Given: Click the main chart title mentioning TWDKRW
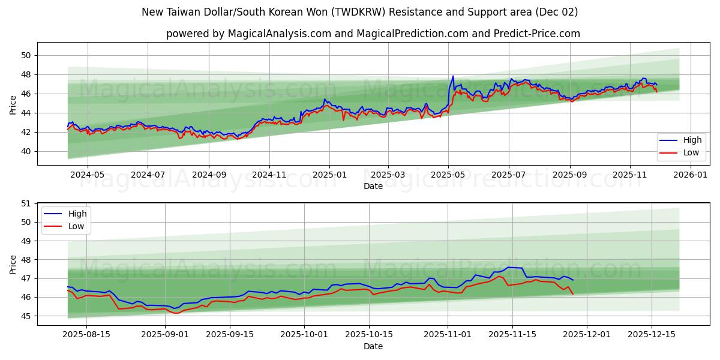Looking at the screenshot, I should click(x=360, y=12).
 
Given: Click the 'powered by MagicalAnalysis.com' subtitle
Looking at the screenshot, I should click(x=373, y=34).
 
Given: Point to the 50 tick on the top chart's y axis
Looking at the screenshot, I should click(x=26, y=55).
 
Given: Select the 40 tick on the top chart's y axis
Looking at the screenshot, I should click(x=26, y=151).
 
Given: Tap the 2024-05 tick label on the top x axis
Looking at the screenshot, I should click(x=88, y=175).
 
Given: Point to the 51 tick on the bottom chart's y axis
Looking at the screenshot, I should click(x=26, y=203).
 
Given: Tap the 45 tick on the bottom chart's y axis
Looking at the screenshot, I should click(x=26, y=316).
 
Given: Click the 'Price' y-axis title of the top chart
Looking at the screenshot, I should click(x=13, y=104).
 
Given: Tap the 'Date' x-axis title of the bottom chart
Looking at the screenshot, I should click(x=373, y=346).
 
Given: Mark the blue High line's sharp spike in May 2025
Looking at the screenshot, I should click(x=453, y=76).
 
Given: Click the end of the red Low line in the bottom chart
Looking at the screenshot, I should click(x=573, y=294).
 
